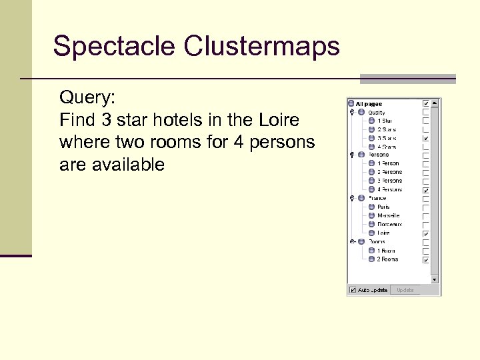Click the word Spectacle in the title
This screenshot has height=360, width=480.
tap(113, 47)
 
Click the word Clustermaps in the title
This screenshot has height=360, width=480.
tap(261, 47)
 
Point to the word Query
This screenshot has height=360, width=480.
tap(87, 98)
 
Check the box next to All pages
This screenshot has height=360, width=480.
tap(426, 104)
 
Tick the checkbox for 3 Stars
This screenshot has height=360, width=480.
tap(426, 138)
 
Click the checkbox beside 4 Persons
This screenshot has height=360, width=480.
tap(426, 190)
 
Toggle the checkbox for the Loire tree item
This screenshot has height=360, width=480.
tap(426, 234)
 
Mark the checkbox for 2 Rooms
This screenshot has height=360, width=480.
tap(426, 259)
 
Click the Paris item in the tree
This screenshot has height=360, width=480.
tap(383, 207)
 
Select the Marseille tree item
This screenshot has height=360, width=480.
tap(388, 216)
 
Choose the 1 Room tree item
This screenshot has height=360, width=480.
tap(386, 251)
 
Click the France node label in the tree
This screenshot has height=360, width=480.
tap(377, 199)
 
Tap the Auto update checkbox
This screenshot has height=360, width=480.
tap(353, 290)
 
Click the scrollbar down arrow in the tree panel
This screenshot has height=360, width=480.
tap(435, 280)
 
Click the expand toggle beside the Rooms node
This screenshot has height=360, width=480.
tap(352, 242)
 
